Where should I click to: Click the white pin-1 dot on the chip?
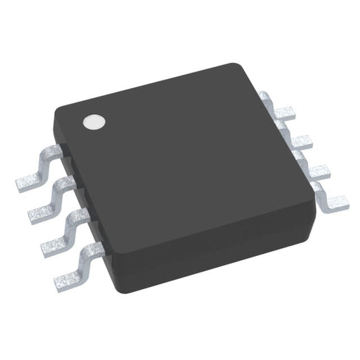coord(94,122)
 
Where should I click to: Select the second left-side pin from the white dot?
coord(51,199)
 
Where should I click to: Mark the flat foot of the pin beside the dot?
coord(27,180)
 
